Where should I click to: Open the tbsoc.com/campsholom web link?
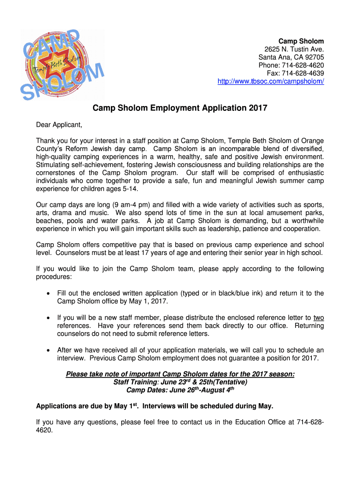[x=271, y=81]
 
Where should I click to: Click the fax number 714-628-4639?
[x=295, y=73]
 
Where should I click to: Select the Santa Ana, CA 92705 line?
[x=291, y=58]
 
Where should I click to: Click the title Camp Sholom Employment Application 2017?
[x=180, y=108]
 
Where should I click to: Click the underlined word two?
[x=318, y=318]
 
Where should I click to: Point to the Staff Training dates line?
[x=180, y=382]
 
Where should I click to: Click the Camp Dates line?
[x=180, y=390]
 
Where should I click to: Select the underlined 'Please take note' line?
[x=180, y=374]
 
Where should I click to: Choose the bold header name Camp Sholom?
[x=301, y=42]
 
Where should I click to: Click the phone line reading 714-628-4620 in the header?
[x=291, y=65]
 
